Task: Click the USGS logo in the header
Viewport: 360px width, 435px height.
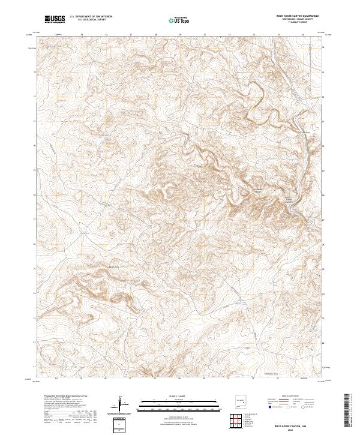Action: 55,19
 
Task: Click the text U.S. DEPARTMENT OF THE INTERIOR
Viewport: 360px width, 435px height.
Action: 91,17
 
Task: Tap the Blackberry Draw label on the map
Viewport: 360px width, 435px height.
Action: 271,373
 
